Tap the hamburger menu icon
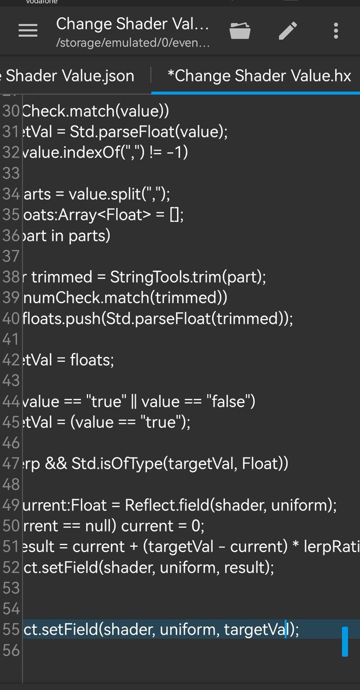[x=28, y=31]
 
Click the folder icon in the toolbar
[x=240, y=31]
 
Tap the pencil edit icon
[x=288, y=31]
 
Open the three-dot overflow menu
[x=336, y=31]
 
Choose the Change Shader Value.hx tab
[x=259, y=76]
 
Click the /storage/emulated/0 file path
[x=133, y=43]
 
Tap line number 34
[x=10, y=194]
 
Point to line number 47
[x=10, y=463]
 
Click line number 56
[x=10, y=650]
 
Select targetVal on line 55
[x=255, y=629]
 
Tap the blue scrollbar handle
[x=345, y=642]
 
